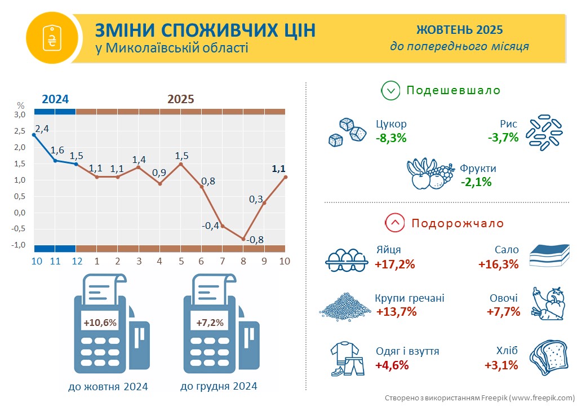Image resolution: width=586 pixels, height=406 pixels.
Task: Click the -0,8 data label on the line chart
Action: tap(256, 240)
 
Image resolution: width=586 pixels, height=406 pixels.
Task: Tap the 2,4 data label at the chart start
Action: tap(42, 129)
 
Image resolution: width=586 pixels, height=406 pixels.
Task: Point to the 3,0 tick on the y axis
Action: tap(20, 114)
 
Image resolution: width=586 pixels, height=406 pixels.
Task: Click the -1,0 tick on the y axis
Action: tap(19, 245)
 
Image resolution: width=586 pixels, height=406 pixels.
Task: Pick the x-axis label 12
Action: tap(77, 261)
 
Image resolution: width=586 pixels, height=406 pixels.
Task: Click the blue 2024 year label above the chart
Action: tap(56, 99)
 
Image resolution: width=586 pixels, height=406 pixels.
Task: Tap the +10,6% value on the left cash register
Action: tap(100, 323)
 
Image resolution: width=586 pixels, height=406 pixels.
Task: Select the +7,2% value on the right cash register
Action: tap(210, 323)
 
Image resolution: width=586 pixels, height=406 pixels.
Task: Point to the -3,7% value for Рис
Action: tap(503, 137)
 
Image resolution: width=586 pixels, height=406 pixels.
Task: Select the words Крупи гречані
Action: tap(409, 298)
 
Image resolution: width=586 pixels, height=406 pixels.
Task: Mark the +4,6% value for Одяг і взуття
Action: tap(392, 365)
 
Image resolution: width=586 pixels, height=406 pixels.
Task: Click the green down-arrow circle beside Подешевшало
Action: tap(390, 90)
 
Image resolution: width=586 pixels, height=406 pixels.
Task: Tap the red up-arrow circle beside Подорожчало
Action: tap(395, 223)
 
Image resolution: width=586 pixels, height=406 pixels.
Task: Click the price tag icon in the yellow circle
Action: tap(51, 37)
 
